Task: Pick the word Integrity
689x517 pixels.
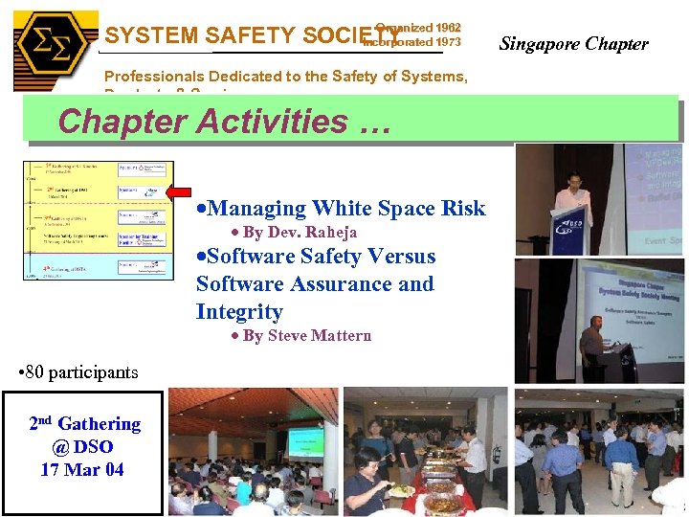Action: click(x=239, y=311)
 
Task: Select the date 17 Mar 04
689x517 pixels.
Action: click(x=82, y=469)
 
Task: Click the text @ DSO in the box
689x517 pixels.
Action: click(x=82, y=446)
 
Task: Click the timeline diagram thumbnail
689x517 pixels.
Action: click(x=98, y=220)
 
